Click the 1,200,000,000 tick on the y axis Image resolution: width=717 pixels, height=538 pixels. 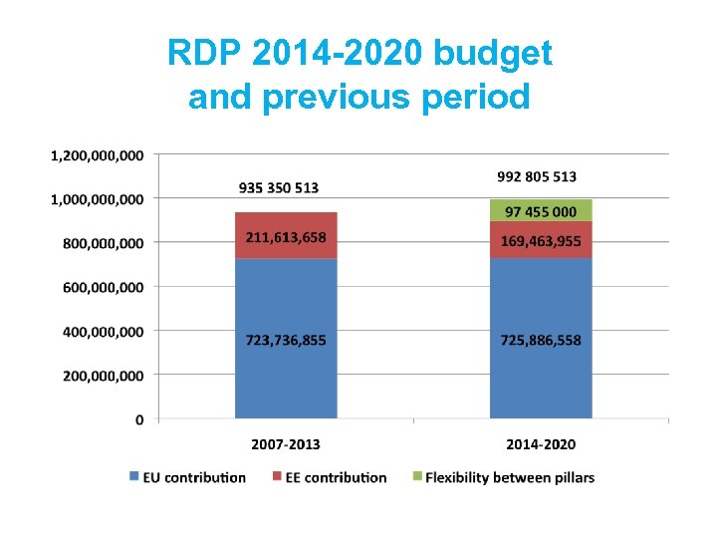click(x=97, y=154)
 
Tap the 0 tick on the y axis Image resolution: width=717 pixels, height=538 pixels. click(x=139, y=419)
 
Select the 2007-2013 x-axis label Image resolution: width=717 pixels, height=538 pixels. click(x=285, y=444)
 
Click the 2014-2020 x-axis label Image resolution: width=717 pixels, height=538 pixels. click(x=541, y=444)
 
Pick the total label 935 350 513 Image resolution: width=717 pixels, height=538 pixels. click(x=279, y=187)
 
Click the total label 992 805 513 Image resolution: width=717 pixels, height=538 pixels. click(x=537, y=176)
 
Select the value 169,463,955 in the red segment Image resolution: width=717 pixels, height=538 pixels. click(x=541, y=240)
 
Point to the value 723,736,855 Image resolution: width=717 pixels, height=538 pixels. click(x=286, y=340)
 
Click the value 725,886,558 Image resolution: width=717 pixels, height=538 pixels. click(x=541, y=340)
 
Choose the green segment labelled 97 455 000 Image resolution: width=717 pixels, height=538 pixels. click(x=541, y=211)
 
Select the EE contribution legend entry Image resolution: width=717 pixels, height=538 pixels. click(x=330, y=477)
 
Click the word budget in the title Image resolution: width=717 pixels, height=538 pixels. click(x=494, y=53)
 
